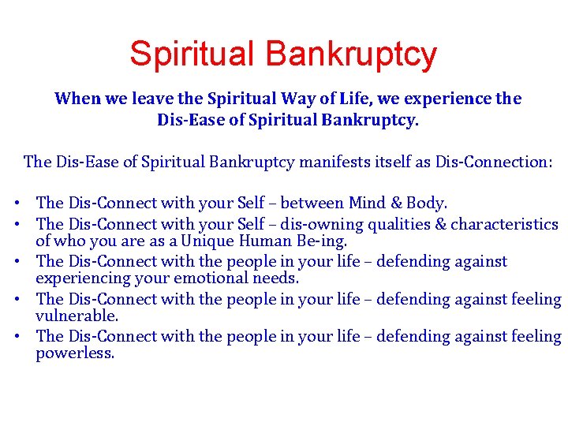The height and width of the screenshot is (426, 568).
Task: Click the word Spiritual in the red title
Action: pyautogui.click(x=192, y=54)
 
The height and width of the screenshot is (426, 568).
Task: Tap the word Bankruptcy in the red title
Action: pyautogui.click(x=351, y=54)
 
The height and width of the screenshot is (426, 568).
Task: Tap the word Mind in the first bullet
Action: pyautogui.click(x=372, y=204)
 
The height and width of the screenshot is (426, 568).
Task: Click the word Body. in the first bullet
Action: pyautogui.click(x=429, y=204)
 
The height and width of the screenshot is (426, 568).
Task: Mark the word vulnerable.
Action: pyautogui.click(x=77, y=316)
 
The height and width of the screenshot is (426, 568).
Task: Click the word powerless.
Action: pyautogui.click(x=75, y=353)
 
